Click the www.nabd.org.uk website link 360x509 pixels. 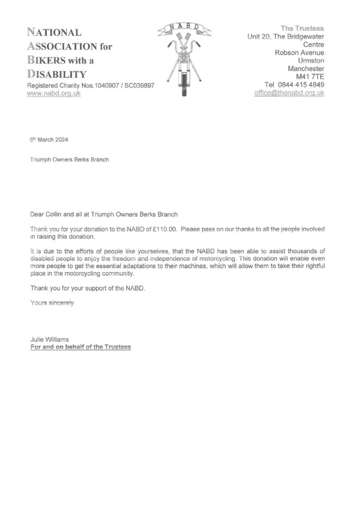pyautogui.click(x=54, y=93)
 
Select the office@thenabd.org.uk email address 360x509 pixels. pyautogui.click(x=289, y=92)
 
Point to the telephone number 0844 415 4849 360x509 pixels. pyautogui.click(x=302, y=85)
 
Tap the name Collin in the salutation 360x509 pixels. pyautogui.click(x=57, y=214)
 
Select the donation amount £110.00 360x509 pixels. pyautogui.click(x=164, y=229)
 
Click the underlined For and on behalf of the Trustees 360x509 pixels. pyautogui.click(x=81, y=347)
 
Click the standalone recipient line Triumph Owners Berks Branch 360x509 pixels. pyautogui.click(x=69, y=160)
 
